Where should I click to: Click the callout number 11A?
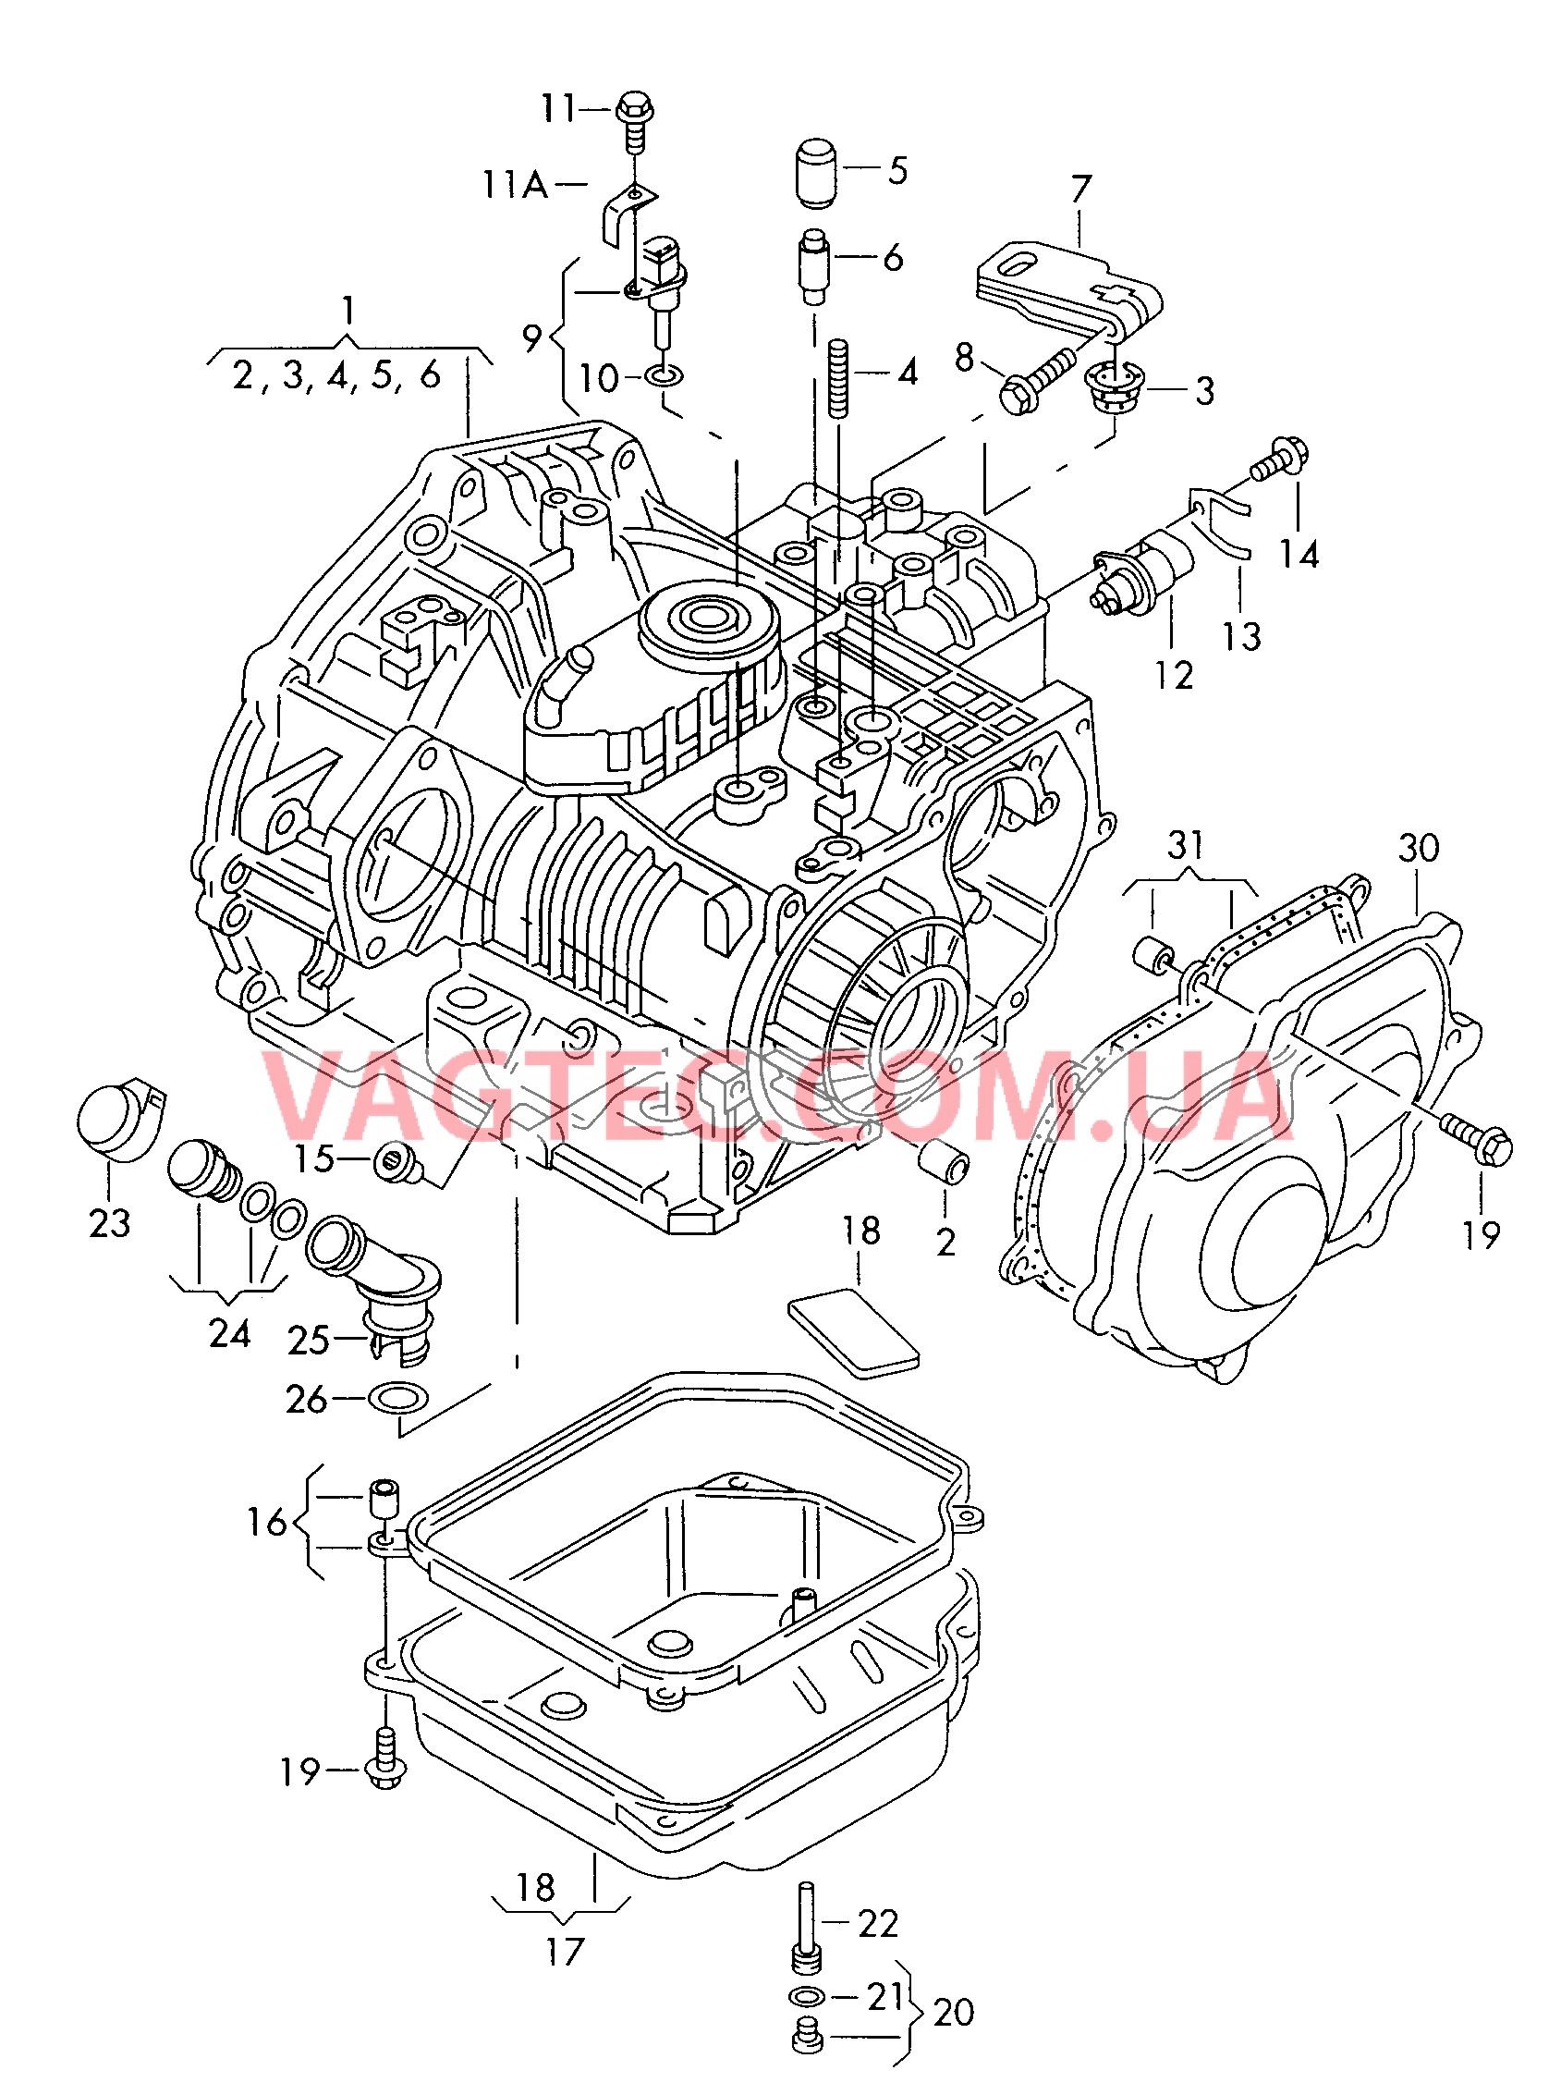(515, 184)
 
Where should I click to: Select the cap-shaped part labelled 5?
(812, 173)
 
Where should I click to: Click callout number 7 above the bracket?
(1080, 189)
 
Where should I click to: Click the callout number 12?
(1174, 676)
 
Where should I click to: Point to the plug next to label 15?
(397, 1161)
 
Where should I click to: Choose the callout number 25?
(308, 1340)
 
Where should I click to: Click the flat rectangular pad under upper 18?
(853, 1334)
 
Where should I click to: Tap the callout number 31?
(1185, 845)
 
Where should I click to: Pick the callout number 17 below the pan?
(565, 1952)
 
